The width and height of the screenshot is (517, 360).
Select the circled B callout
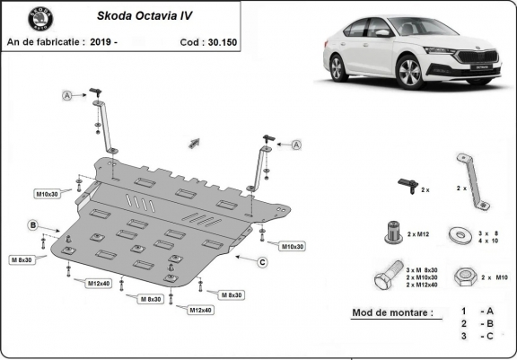[33, 224]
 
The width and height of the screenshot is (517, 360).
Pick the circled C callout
[261, 262]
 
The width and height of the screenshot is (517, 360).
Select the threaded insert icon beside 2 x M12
[391, 231]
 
